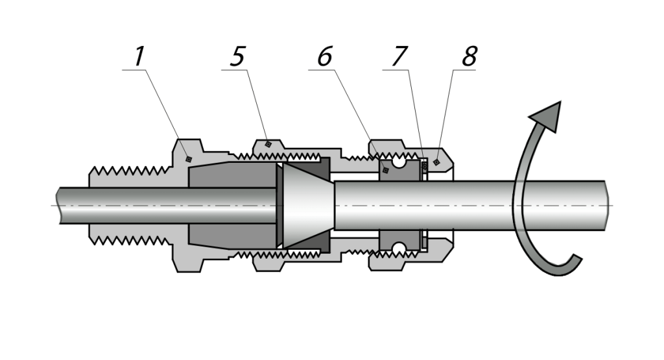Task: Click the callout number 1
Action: click(x=138, y=57)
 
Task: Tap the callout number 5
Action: click(x=238, y=57)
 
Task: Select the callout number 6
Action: click(x=324, y=57)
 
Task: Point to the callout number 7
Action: click(x=399, y=57)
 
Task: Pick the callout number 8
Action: click(x=469, y=57)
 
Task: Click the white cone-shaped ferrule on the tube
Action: click(x=305, y=205)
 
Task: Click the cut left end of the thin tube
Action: click(x=60, y=206)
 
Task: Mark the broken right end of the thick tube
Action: click(x=606, y=206)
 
